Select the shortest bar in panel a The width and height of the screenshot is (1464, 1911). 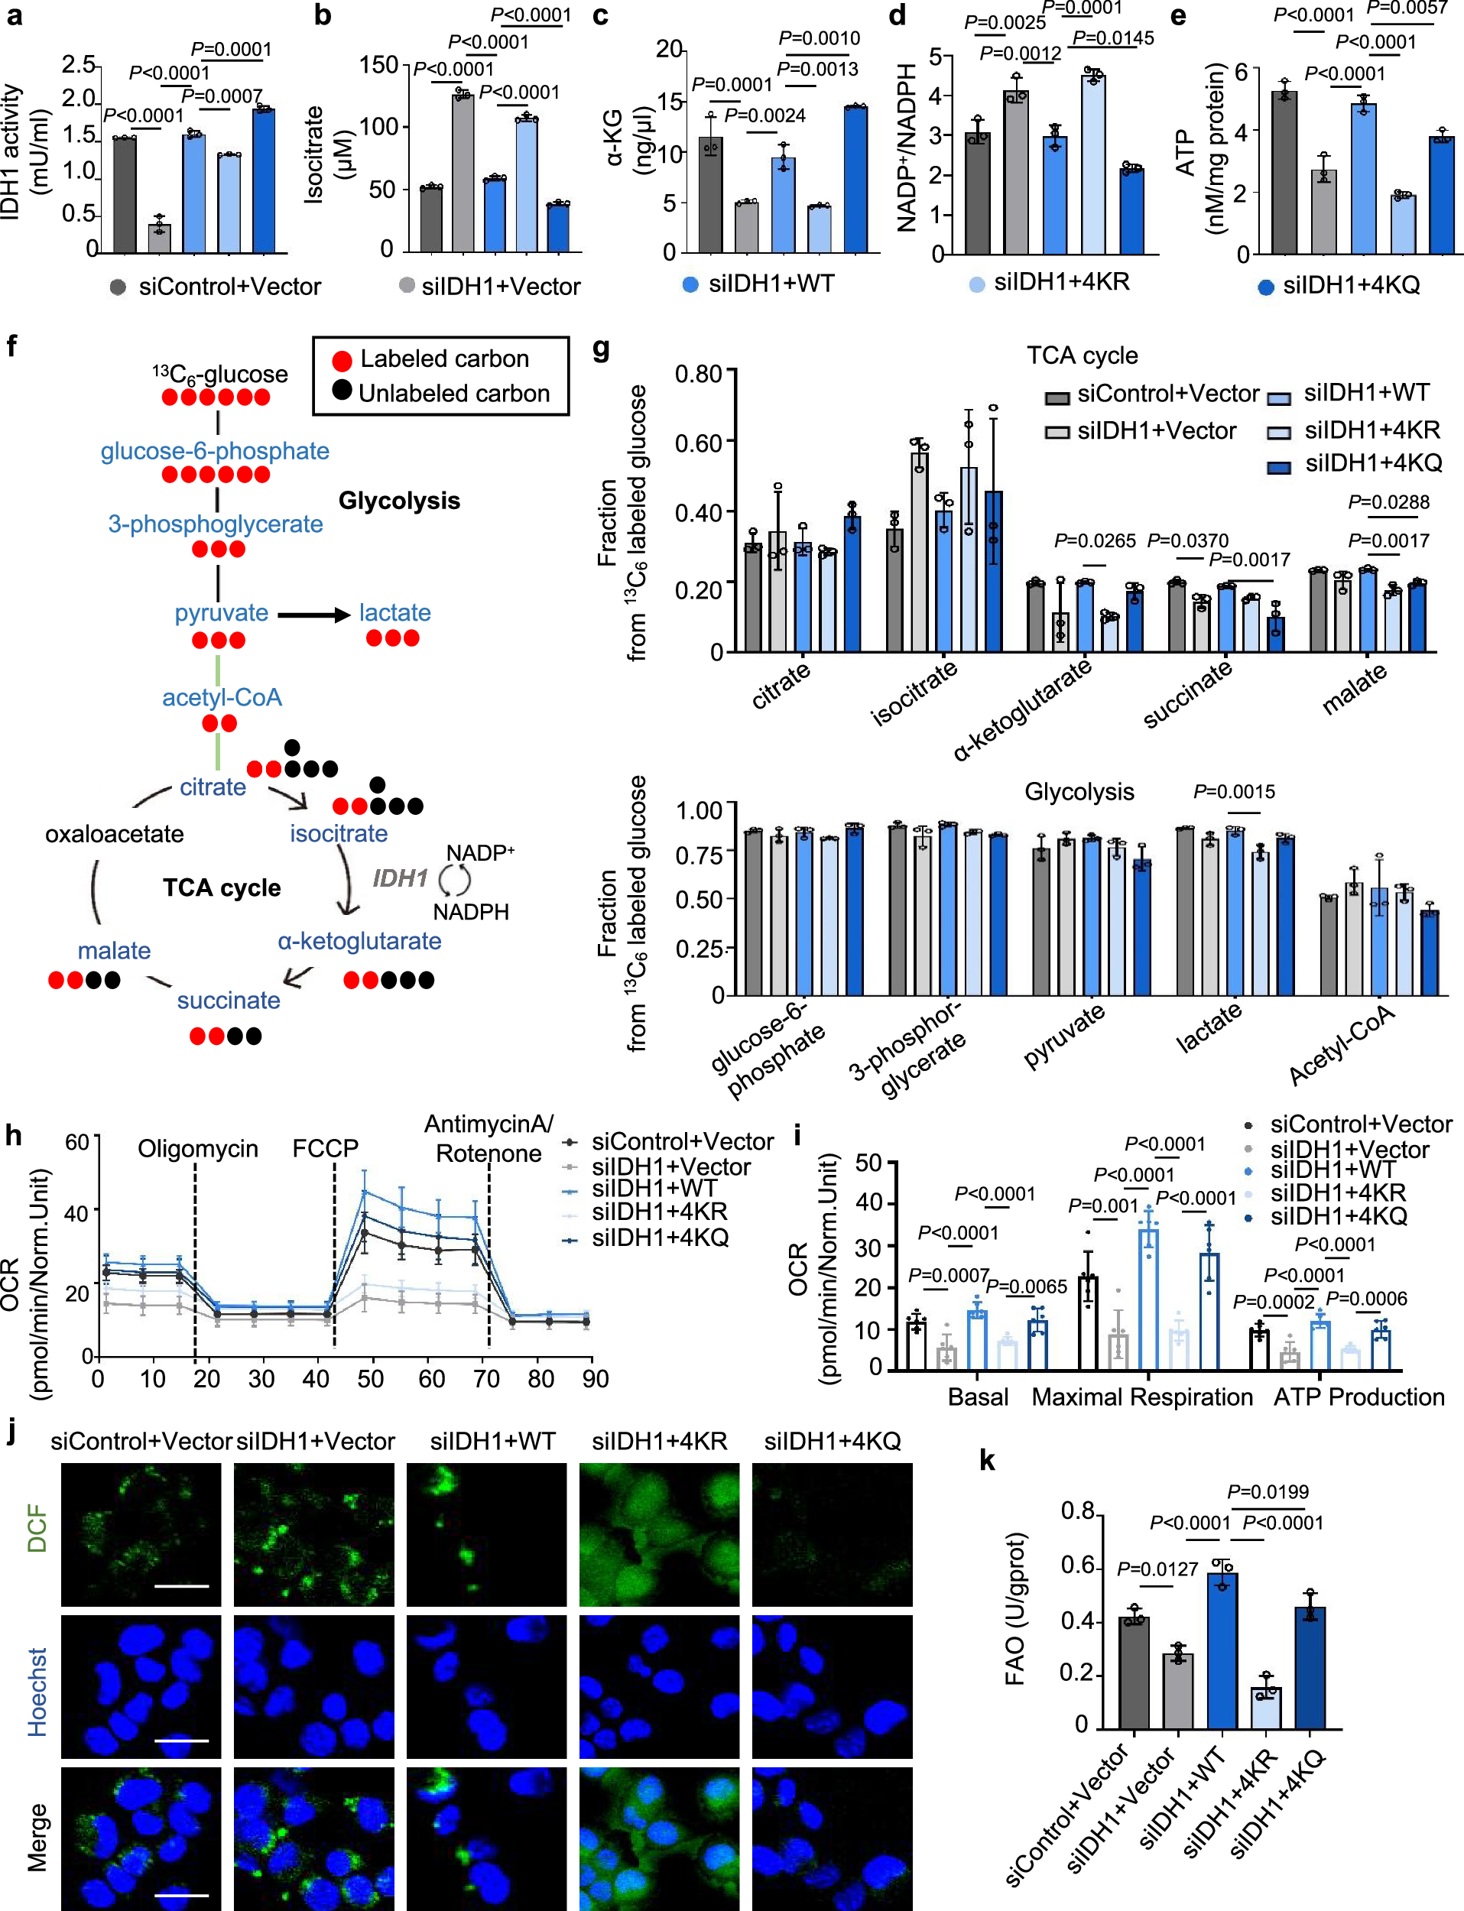[x=158, y=238]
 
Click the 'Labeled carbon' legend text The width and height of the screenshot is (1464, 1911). [x=444, y=359]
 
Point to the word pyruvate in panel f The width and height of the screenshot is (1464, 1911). [x=222, y=612]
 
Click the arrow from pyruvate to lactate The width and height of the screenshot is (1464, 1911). [x=313, y=615]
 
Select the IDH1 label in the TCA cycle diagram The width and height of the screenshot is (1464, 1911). [x=401, y=878]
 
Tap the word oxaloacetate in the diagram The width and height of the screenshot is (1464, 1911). [x=114, y=834]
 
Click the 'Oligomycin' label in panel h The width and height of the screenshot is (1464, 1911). [x=198, y=1149]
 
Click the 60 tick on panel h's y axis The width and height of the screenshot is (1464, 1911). [x=77, y=1141]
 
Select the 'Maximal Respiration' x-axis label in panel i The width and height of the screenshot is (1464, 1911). [x=1141, y=1397]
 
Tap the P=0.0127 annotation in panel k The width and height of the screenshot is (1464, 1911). [x=1158, y=1569]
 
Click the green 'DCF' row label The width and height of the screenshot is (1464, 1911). [x=37, y=1530]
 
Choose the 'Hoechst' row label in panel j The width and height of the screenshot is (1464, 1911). [x=37, y=1692]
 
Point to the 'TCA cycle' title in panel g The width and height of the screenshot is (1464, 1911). [x=1082, y=355]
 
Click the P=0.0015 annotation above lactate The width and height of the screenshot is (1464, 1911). [x=1233, y=791]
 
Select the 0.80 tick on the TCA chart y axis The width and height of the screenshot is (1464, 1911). [x=698, y=374]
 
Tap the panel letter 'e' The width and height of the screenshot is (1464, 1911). [x=1178, y=17]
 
